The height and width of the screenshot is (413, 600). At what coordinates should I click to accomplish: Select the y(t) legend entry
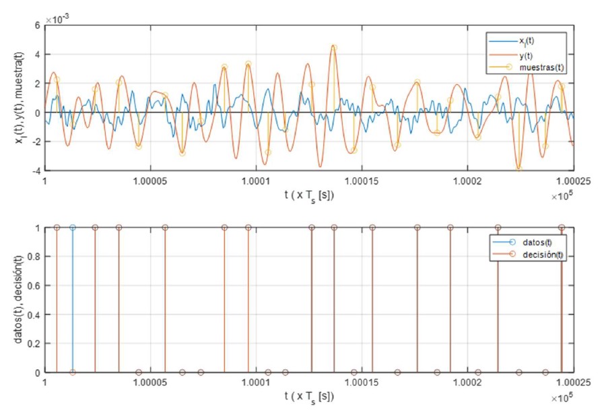click(525, 54)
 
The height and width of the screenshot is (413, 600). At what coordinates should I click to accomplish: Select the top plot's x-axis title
click(308, 195)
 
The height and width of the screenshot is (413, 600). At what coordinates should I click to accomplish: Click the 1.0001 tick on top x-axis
click(255, 182)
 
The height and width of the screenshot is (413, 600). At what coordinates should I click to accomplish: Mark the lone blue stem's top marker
click(73, 228)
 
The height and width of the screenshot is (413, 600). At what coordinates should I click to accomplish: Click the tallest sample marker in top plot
click(334, 47)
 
